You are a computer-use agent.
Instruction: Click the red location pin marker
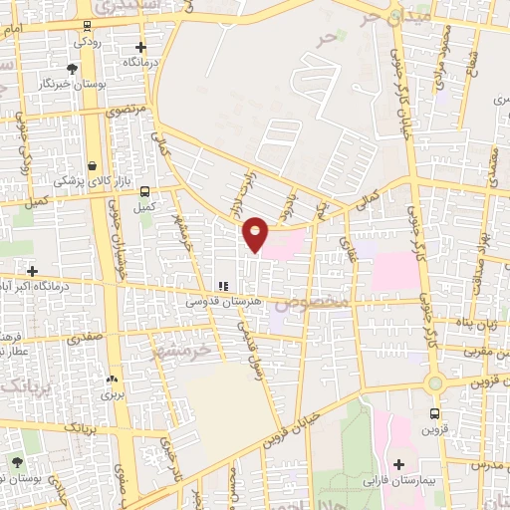(256, 233)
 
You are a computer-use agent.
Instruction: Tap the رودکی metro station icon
(88, 26)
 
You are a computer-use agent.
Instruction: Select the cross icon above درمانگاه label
(140, 46)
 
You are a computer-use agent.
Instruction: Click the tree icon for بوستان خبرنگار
(71, 68)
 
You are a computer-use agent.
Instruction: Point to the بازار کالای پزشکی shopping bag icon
(92, 165)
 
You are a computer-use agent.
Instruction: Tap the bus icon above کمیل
(145, 191)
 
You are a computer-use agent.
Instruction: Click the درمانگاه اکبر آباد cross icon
(33, 271)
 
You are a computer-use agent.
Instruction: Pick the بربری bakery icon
(111, 380)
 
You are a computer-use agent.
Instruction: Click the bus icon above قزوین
(434, 412)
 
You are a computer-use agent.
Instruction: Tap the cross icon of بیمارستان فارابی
(399, 464)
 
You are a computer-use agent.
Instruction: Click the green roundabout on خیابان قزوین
(434, 382)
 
